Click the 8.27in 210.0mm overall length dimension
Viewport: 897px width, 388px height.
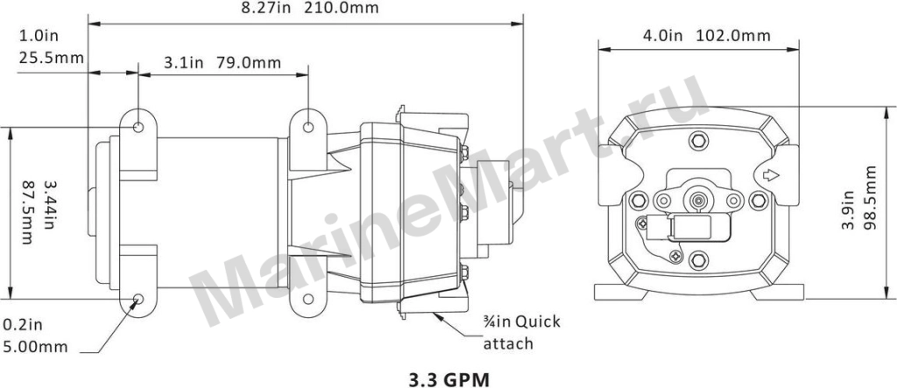coord(309,9)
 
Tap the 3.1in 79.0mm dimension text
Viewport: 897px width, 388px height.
coord(222,62)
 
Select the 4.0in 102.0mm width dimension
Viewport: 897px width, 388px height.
coord(707,36)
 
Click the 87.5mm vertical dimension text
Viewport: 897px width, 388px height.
coord(26,213)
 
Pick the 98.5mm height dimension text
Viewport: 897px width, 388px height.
coord(870,197)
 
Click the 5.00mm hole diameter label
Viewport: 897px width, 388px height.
coord(35,347)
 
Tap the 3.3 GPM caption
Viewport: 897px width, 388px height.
coord(449,379)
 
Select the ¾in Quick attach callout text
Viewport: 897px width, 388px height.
coord(522,333)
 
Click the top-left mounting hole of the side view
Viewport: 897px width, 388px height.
coord(138,126)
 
